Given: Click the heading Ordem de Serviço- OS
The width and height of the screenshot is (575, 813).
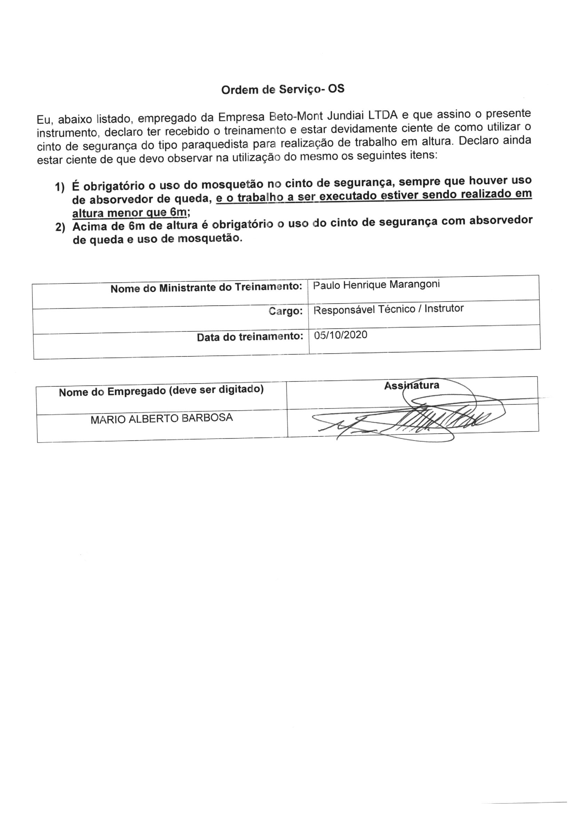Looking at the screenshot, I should (x=282, y=89).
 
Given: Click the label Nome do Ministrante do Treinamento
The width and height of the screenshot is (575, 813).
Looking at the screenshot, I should (x=206, y=288).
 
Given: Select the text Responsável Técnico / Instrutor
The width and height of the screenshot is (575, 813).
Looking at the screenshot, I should (x=389, y=309).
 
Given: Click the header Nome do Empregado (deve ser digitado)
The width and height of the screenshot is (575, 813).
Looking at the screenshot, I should (x=161, y=391).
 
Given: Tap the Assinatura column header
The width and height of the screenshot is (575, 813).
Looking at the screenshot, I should (x=411, y=385).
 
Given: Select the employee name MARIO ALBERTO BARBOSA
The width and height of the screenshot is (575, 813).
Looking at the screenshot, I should (x=161, y=419).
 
